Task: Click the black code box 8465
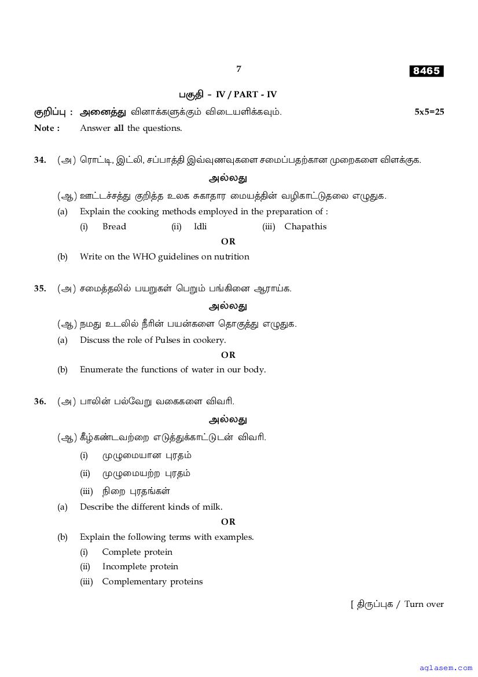(x=426, y=71)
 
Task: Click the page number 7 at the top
(x=238, y=69)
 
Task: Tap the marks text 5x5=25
(x=429, y=112)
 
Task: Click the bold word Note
(x=45, y=128)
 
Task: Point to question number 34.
(x=40, y=160)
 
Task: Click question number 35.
(x=40, y=288)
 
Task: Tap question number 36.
(x=40, y=401)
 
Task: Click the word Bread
(x=114, y=226)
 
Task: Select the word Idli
(x=200, y=226)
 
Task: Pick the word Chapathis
(x=306, y=226)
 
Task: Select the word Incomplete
(x=124, y=566)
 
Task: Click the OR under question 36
(x=229, y=522)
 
